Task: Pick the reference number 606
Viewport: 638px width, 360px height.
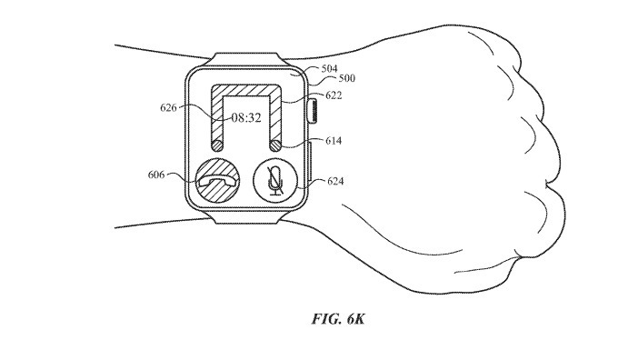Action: click(x=155, y=175)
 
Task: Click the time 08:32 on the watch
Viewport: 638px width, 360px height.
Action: click(x=246, y=117)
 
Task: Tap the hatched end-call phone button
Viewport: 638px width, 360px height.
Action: click(x=219, y=181)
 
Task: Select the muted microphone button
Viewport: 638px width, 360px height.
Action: click(x=274, y=181)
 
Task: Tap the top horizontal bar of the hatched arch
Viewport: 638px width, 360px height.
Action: click(x=246, y=92)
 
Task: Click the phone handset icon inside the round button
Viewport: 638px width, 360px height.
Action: click(x=219, y=182)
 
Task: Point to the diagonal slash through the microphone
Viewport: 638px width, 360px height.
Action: click(x=274, y=182)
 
